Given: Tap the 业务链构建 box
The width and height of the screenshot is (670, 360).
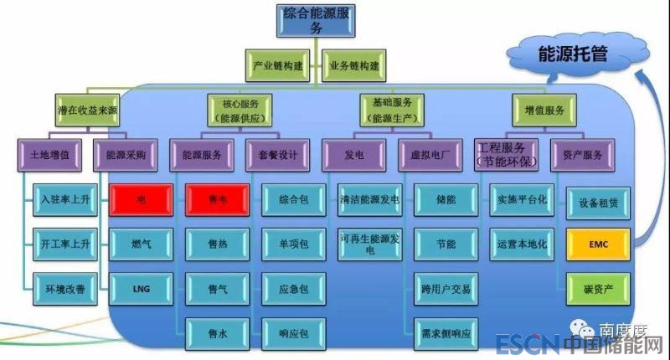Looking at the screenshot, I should pyautogui.click(x=354, y=64).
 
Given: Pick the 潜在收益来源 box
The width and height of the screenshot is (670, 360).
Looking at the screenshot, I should pyautogui.click(x=80, y=111).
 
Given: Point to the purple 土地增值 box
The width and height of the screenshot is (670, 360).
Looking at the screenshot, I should pyautogui.click(x=49, y=154).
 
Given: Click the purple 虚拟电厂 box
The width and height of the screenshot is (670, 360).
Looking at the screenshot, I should pyautogui.click(x=432, y=154).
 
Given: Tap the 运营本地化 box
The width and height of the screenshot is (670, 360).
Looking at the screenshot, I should pyautogui.click(x=523, y=244).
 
